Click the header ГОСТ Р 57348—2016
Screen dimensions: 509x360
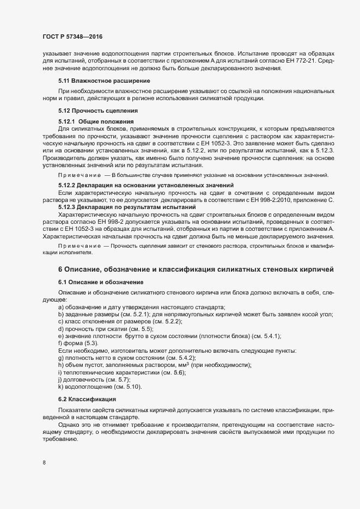pyautogui.click(x=72, y=37)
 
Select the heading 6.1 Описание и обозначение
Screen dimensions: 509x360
pyautogui.click(x=101, y=282)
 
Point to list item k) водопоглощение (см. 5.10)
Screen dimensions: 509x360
pyautogui.click(x=96, y=386)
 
